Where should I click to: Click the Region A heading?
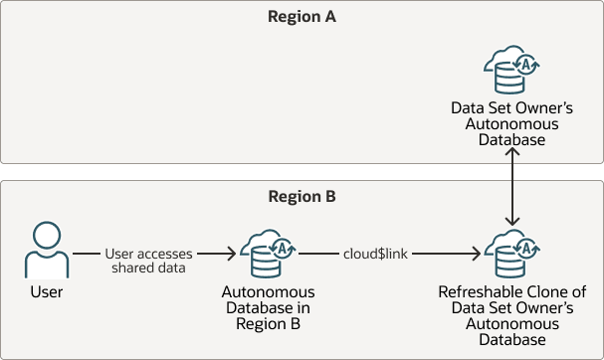pyautogui.click(x=302, y=16)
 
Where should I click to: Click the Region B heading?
pyautogui.click(x=302, y=196)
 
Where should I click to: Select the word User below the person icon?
pyautogui.click(x=46, y=292)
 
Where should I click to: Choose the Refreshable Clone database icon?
pyautogui.click(x=510, y=256)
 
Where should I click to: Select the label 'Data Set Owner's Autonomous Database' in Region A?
pyautogui.click(x=511, y=125)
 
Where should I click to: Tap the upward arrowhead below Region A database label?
pyautogui.click(x=511, y=156)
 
